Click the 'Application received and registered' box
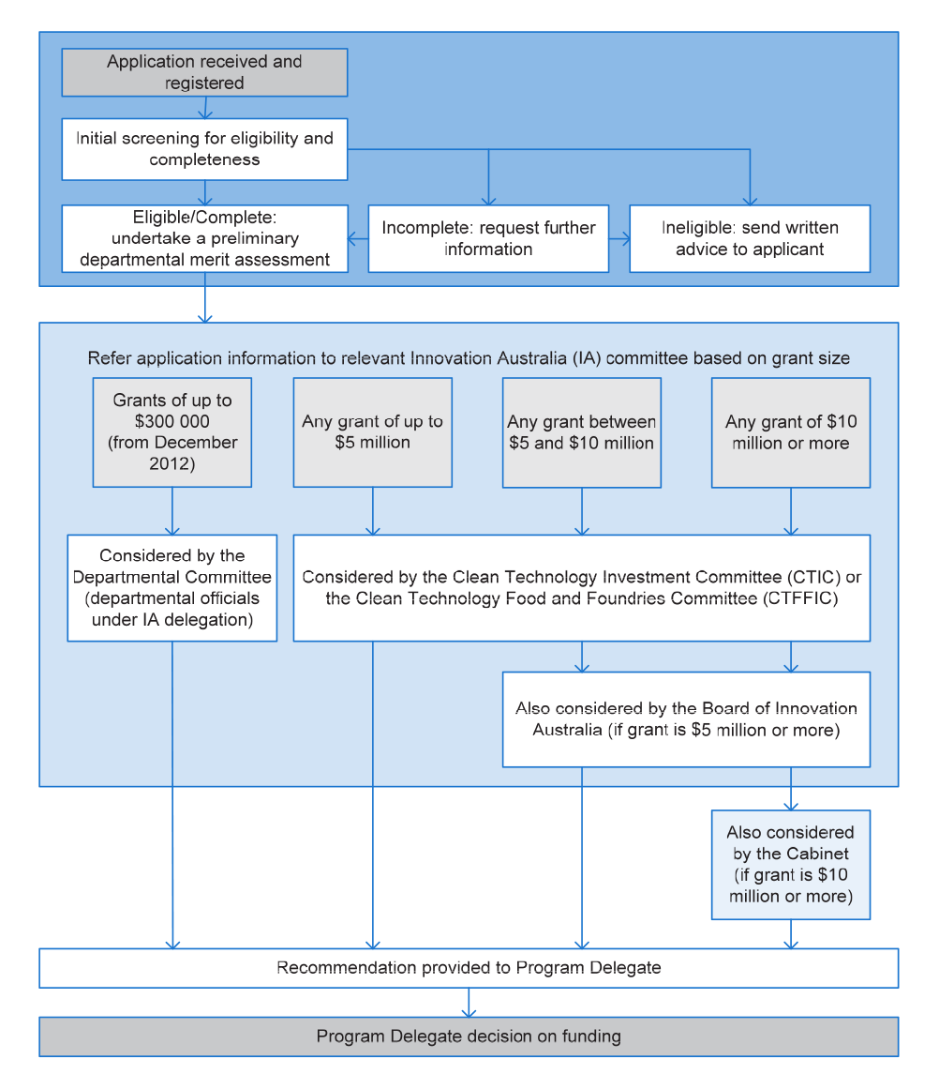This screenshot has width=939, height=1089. click(x=204, y=72)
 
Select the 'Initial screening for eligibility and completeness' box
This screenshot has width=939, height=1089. click(x=204, y=149)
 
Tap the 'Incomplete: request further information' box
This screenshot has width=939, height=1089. click(x=488, y=238)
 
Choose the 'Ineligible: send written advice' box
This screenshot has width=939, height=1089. click(x=750, y=238)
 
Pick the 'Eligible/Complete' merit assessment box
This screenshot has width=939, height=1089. click(x=204, y=238)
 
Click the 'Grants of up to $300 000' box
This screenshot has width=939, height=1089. click(x=172, y=432)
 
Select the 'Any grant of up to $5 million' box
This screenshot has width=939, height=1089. click(x=373, y=432)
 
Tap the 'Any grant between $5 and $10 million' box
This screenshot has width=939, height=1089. click(x=582, y=432)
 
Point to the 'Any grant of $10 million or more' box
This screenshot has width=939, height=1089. click(x=791, y=432)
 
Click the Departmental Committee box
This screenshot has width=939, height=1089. click(x=172, y=587)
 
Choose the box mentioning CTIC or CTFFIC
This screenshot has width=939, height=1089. click(x=582, y=587)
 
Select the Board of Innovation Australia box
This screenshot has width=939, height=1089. click(x=686, y=718)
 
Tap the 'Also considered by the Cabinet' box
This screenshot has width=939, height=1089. click(x=791, y=865)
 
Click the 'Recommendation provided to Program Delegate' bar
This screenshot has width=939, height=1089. click(x=469, y=967)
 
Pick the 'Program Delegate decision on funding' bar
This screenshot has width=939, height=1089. click(x=469, y=1036)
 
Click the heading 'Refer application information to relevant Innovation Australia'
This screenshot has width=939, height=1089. click(x=469, y=358)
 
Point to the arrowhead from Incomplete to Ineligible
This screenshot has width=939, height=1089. click(x=626, y=239)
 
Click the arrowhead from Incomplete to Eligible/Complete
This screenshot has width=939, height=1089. click(x=351, y=239)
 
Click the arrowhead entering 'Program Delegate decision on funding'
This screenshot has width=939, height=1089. click(x=469, y=1013)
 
